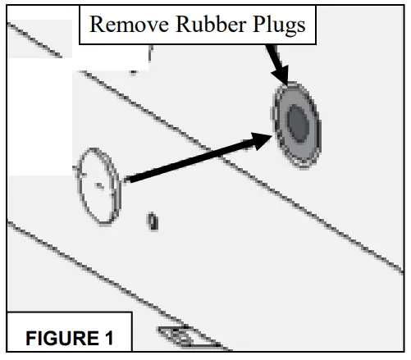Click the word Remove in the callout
[x=129, y=24]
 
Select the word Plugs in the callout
[x=279, y=25]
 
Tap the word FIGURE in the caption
[x=62, y=338]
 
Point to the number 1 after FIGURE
[x=109, y=338]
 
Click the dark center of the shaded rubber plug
[x=298, y=123]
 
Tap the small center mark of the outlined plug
[x=99, y=185]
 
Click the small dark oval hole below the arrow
[x=153, y=221]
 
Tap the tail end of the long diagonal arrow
[x=126, y=180]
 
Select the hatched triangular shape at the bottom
[x=189, y=338]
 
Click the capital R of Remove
[x=98, y=25]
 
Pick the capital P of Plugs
[x=259, y=24]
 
